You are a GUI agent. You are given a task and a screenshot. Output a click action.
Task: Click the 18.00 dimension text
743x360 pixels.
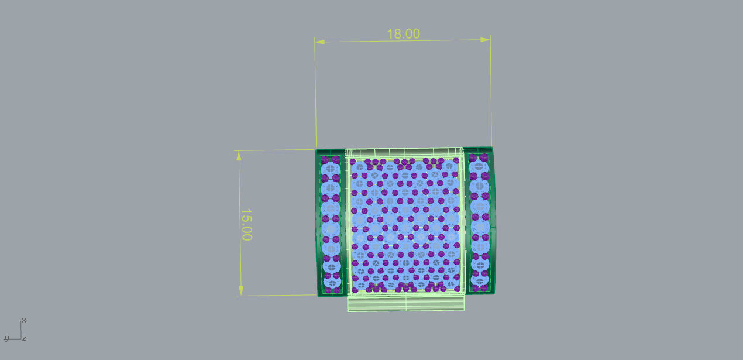pyautogui.click(x=403, y=34)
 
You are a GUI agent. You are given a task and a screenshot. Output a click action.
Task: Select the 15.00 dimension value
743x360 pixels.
pyautogui.click(x=246, y=224)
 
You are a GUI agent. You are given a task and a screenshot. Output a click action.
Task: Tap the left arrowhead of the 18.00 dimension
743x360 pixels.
pyautogui.click(x=319, y=42)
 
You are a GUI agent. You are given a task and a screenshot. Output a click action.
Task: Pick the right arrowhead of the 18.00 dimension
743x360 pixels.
pyautogui.click(x=485, y=40)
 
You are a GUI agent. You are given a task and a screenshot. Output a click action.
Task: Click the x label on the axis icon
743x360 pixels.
pyautogui.click(x=23, y=320)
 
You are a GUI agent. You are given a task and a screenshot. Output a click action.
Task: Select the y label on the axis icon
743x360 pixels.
pyautogui.click(x=6, y=338)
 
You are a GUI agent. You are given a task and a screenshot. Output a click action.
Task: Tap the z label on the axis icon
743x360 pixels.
pyautogui.click(x=24, y=338)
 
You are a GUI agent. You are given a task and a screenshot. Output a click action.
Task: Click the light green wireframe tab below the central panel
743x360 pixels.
pyautogui.click(x=407, y=303)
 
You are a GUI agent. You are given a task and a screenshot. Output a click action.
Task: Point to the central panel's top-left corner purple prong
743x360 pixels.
pyautogui.click(x=354, y=160)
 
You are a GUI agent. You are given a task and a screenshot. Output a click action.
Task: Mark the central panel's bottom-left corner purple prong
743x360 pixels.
pyautogui.click(x=355, y=289)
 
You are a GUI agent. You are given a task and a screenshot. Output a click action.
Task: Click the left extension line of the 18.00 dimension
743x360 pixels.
pyautogui.click(x=315, y=94)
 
